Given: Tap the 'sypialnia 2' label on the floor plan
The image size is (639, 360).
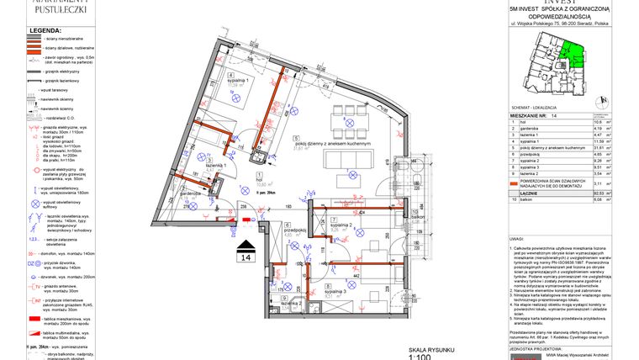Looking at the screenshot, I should [341, 225].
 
